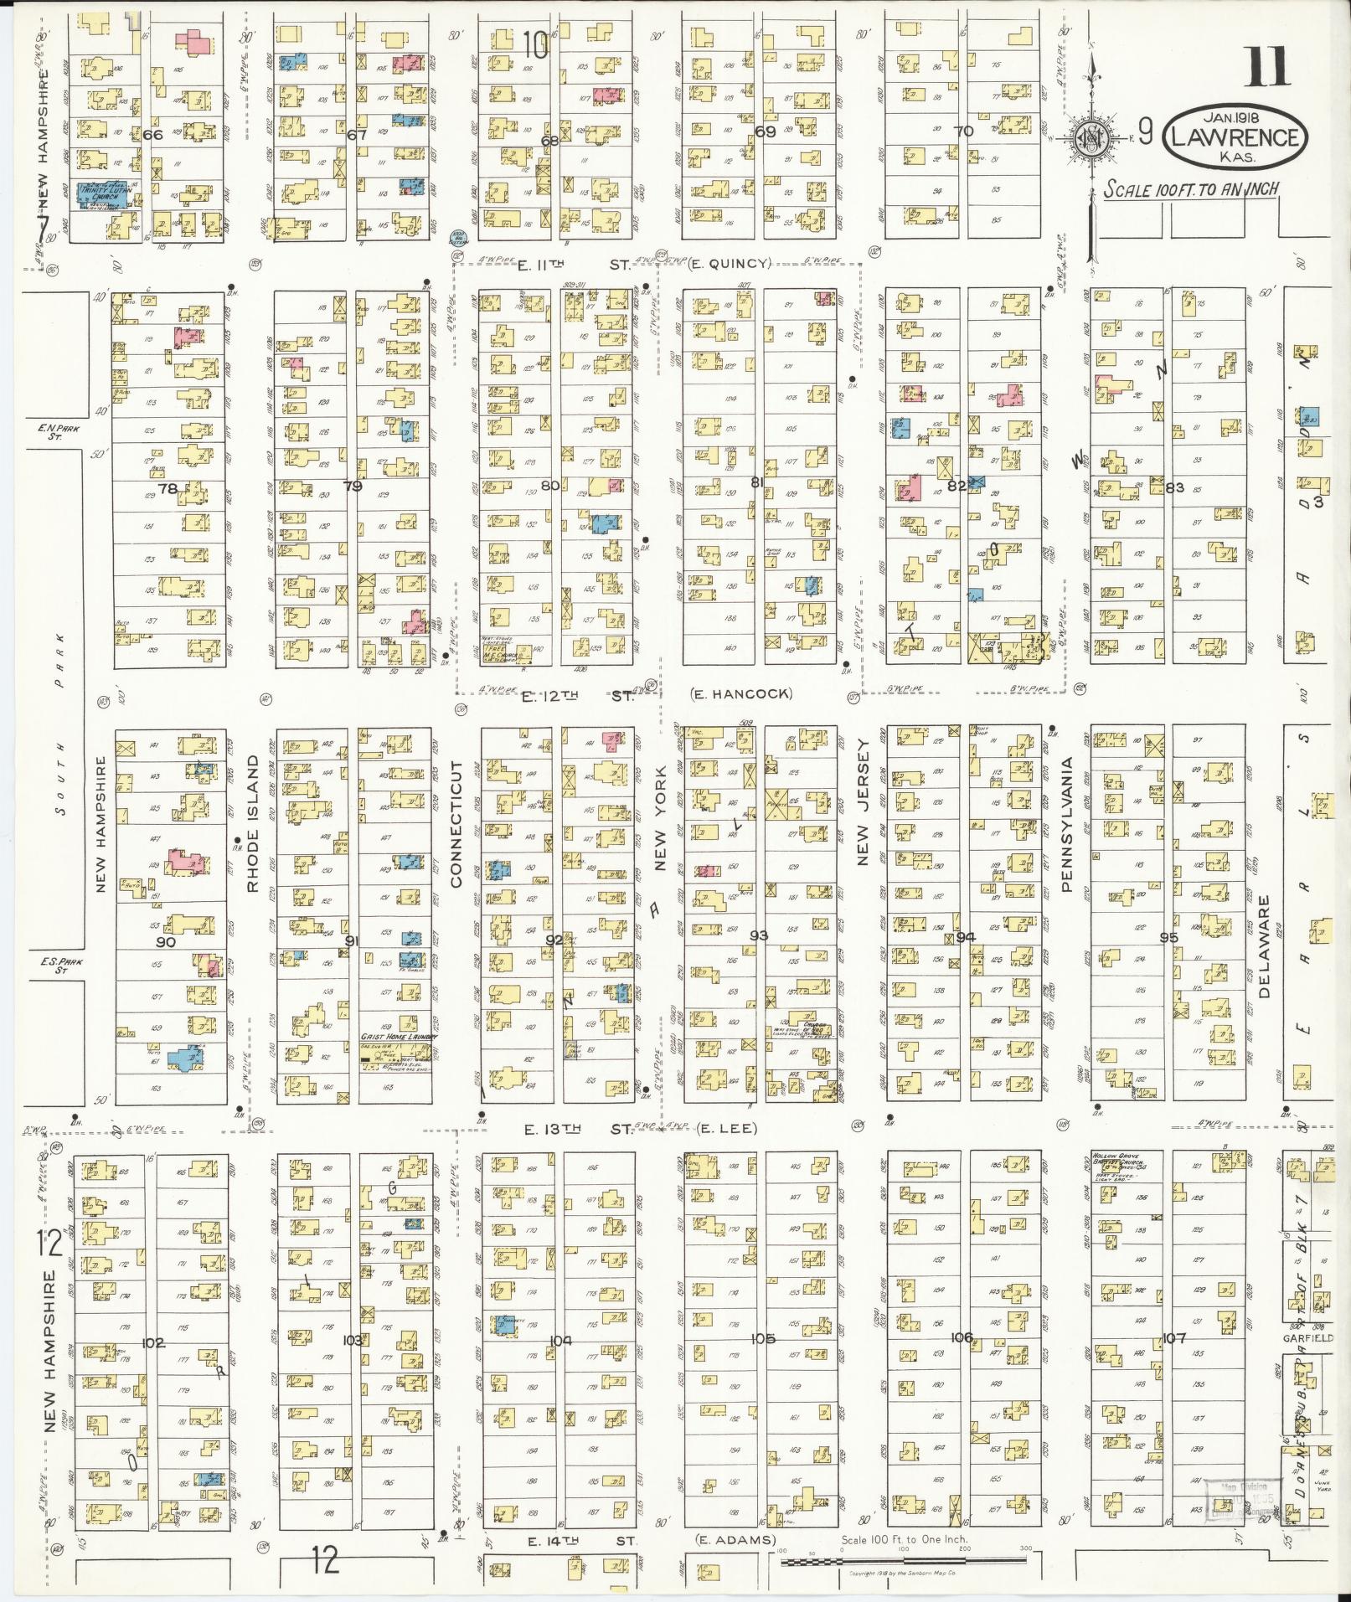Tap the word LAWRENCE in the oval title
pos(1235,138)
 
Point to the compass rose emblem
pos(1093,134)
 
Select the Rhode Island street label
pos(251,847)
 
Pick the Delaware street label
pos(1265,946)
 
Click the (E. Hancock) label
pos(741,693)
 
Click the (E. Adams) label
pos(735,1539)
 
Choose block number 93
pos(759,935)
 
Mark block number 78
pos(168,488)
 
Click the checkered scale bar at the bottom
pos(905,1561)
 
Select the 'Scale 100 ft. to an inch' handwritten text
pos(1191,189)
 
